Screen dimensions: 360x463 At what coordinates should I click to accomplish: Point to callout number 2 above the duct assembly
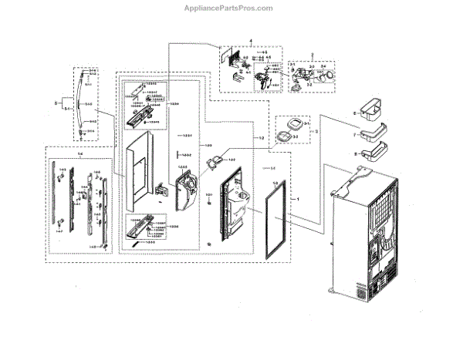tap(312, 55)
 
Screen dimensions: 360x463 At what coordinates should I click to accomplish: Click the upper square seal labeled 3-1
tap(292, 124)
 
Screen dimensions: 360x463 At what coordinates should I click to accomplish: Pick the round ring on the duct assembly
tap(330, 76)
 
